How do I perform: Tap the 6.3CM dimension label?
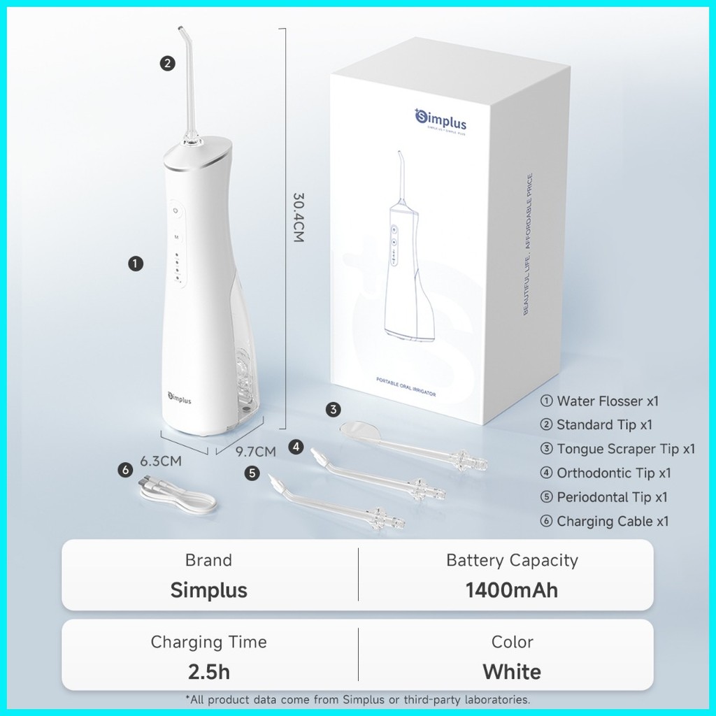[x=161, y=461]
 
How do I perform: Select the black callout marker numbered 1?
[x=136, y=263]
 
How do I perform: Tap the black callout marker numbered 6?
[x=125, y=470]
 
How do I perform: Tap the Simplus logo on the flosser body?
[x=179, y=399]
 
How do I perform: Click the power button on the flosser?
[x=176, y=209]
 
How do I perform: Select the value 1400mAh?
[x=512, y=589]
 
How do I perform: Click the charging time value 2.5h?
[x=208, y=672]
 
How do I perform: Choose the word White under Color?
[x=512, y=672]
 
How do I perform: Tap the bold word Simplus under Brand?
[x=208, y=589]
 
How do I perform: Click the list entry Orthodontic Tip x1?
[x=613, y=473]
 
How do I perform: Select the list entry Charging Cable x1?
[x=613, y=521]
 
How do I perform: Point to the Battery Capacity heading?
[x=512, y=560]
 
